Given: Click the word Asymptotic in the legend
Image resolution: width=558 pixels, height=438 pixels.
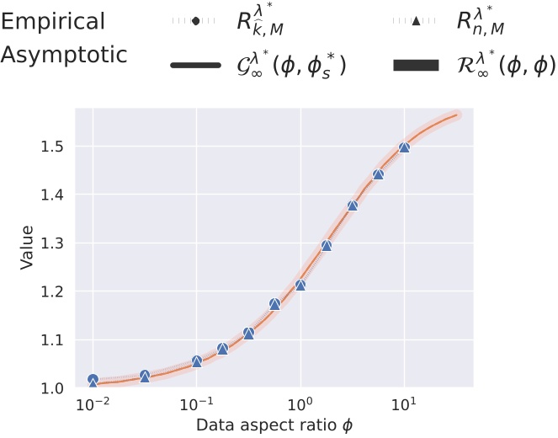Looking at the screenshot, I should (64, 55).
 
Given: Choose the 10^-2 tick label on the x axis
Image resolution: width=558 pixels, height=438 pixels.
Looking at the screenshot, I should (93, 404).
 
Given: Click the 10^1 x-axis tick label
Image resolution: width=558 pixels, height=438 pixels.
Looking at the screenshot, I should (405, 404).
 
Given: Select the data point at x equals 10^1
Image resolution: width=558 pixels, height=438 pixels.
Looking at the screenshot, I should (405, 147).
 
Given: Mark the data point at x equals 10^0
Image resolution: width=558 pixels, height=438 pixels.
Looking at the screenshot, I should (300, 285).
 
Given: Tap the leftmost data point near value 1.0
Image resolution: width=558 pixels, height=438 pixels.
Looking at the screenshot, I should (93, 381).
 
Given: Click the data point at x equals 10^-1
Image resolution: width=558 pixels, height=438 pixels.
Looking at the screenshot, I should (197, 361).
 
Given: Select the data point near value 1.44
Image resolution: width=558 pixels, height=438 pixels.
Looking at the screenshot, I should (379, 174).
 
